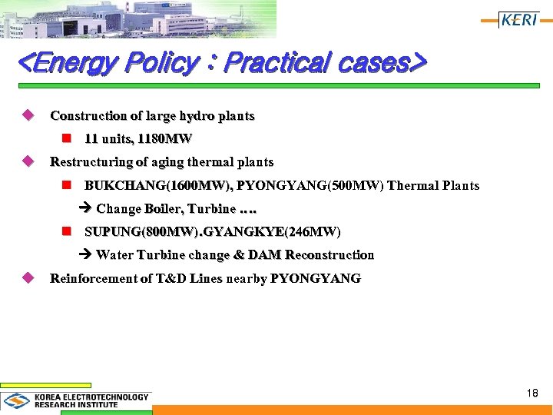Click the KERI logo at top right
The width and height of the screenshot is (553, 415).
pyautogui.click(x=518, y=20)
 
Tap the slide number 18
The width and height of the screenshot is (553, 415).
pyautogui.click(x=532, y=393)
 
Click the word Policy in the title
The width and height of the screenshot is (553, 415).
pyautogui.click(x=164, y=62)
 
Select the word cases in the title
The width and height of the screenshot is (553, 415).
pyautogui.click(x=373, y=62)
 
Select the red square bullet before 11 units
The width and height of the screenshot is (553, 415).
pyautogui.click(x=67, y=139)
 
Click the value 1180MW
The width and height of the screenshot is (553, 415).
pyautogui.click(x=165, y=139)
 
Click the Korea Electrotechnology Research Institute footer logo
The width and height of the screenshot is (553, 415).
pyautogui.click(x=76, y=400)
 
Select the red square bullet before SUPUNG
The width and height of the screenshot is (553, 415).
pyautogui.click(x=67, y=231)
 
